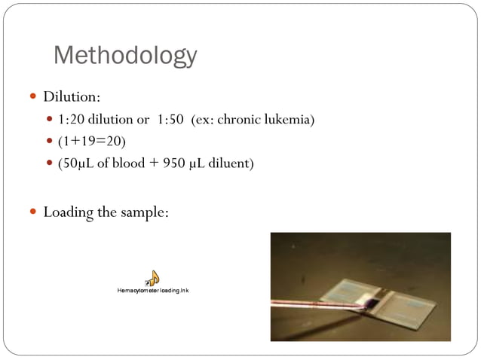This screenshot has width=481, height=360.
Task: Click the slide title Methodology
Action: pyautogui.click(x=125, y=55)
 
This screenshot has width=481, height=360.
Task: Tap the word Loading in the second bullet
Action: pyautogui.click(x=69, y=212)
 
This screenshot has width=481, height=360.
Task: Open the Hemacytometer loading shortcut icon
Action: pyautogui.click(x=152, y=279)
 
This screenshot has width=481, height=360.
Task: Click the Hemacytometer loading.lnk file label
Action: pyautogui.click(x=152, y=290)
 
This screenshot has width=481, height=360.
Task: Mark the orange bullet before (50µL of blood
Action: pyautogui.click(x=50, y=163)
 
